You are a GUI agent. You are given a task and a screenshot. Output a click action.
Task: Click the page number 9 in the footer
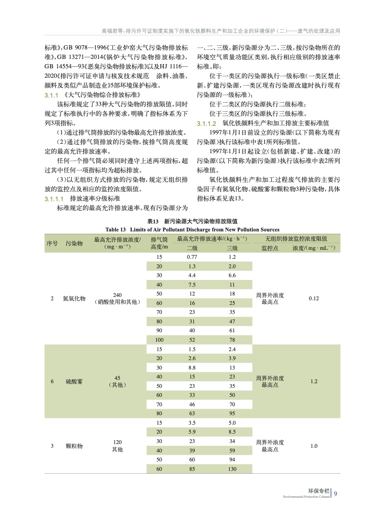point(335,493)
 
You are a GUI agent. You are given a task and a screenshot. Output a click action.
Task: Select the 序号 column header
point(52,243)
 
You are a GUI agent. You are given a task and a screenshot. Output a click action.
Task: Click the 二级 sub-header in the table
point(192,248)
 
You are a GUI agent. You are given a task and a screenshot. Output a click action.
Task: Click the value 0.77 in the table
point(192,257)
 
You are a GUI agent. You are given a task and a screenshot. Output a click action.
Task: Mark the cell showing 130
point(232,469)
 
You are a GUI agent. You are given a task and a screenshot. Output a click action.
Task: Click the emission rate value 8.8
point(192,368)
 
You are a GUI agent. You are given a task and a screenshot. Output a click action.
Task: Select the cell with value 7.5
point(192,284)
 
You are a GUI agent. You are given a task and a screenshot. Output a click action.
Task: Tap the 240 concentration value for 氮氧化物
point(117,295)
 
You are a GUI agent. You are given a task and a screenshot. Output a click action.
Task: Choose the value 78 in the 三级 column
point(232,340)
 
